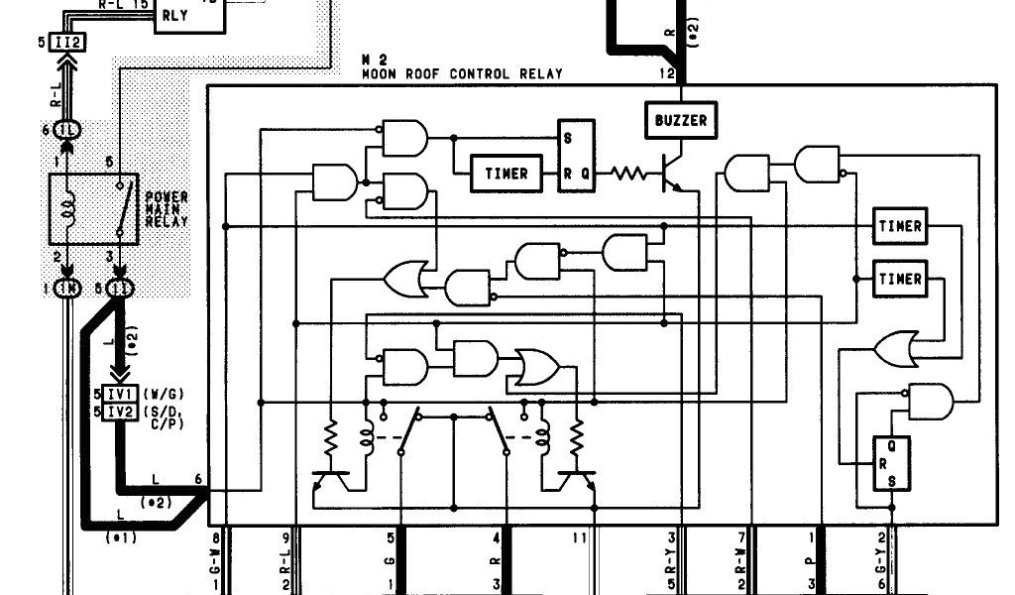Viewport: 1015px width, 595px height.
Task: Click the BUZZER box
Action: pyautogui.click(x=681, y=120)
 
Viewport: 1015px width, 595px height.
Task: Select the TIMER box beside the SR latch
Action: pyautogui.click(x=507, y=174)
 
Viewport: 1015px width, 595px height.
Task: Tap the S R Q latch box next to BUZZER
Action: pyautogui.click(x=576, y=156)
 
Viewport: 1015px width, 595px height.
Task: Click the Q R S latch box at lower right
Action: pyautogui.click(x=890, y=464)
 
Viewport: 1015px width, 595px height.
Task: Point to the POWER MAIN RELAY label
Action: pyautogui.click(x=167, y=209)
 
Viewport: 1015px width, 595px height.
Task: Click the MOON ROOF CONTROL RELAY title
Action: pyautogui.click(x=462, y=73)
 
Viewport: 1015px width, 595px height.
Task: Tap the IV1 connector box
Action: pyautogui.click(x=119, y=395)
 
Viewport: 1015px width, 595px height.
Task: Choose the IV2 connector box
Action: pyautogui.click(x=119, y=412)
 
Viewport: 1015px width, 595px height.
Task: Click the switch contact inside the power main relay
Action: pyautogui.click(x=122, y=207)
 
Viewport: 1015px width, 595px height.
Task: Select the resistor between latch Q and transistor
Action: pyautogui.click(x=626, y=174)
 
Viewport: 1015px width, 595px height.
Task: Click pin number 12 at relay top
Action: pyautogui.click(x=667, y=73)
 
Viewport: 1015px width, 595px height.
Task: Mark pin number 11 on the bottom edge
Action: pyautogui.click(x=581, y=538)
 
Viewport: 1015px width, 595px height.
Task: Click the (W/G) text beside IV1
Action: pyautogui.click(x=160, y=395)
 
